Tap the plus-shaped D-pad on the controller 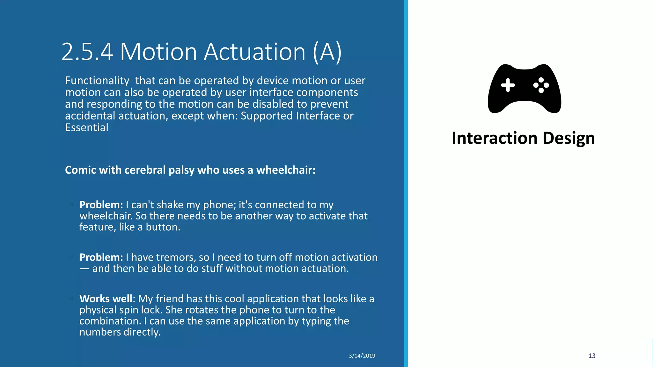508,85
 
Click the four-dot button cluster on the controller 541,85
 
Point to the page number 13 592,356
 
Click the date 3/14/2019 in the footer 362,356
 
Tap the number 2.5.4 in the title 87,52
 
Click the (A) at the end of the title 327,52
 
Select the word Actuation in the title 254,52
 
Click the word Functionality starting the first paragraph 97,81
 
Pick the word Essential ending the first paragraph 87,128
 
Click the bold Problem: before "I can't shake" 101,205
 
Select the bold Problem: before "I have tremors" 101,257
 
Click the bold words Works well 106,299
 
